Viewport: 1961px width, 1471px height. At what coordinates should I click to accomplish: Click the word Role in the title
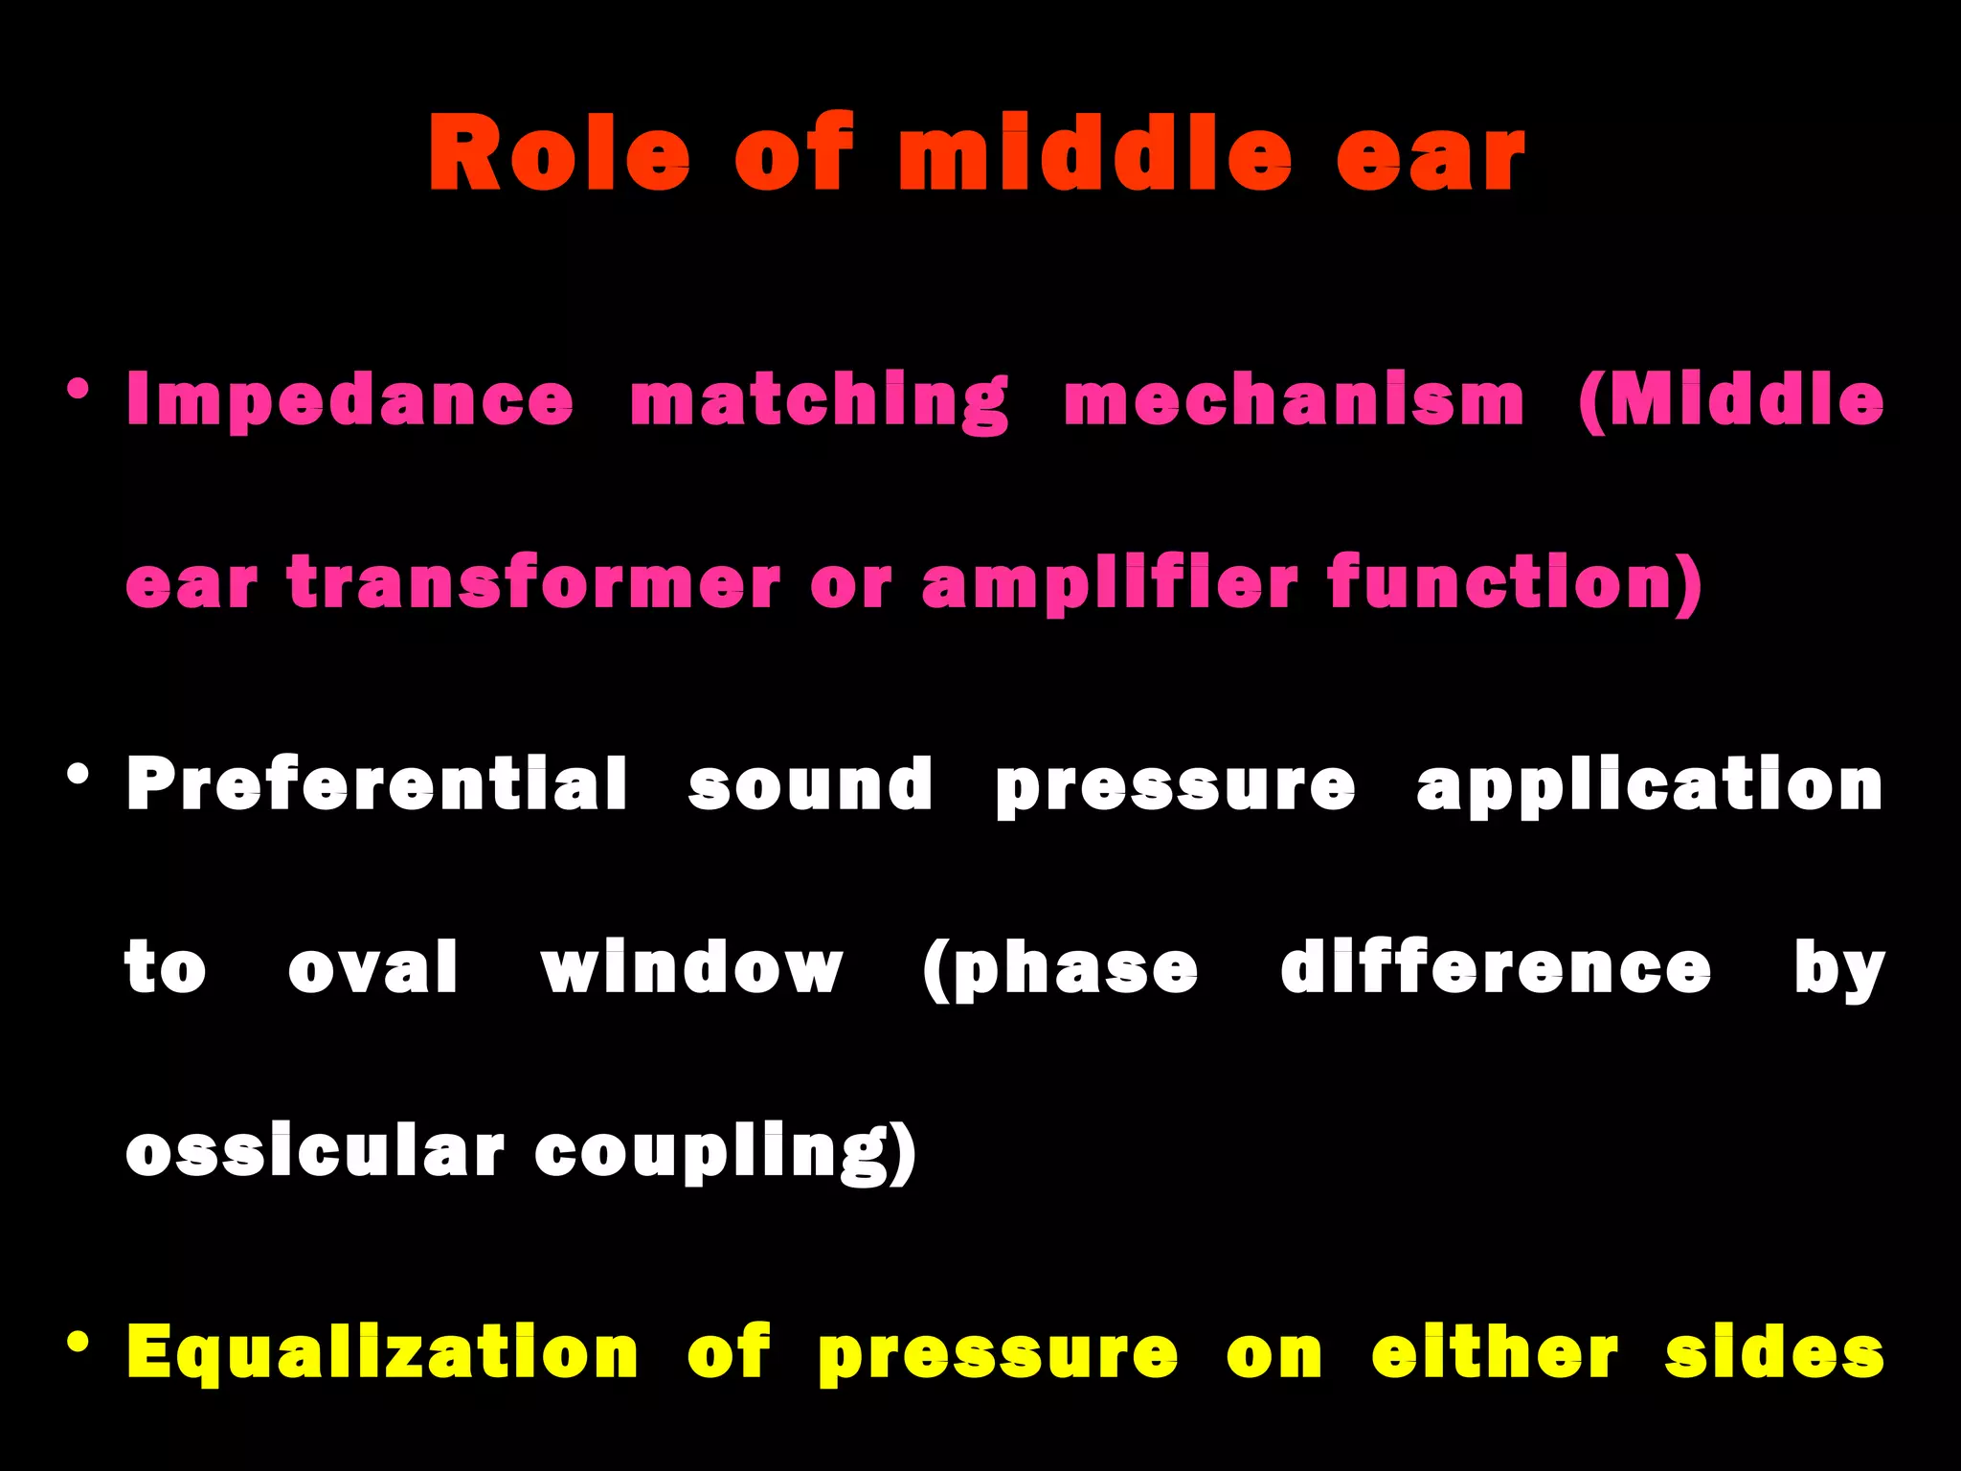(x=558, y=153)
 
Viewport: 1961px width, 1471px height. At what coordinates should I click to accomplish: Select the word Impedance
(x=349, y=400)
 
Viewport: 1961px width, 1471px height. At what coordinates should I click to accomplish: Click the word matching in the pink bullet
(x=820, y=400)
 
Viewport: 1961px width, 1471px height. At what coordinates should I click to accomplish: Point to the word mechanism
(x=1294, y=400)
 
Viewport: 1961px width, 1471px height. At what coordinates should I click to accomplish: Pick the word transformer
(x=533, y=583)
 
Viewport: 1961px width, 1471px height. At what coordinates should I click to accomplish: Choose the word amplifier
(x=1110, y=583)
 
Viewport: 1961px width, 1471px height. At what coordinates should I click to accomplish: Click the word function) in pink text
(x=1515, y=583)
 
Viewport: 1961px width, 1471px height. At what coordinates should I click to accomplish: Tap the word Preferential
(x=376, y=784)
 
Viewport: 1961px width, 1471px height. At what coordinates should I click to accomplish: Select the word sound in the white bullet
(x=810, y=784)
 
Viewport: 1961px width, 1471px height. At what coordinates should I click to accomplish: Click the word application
(x=1649, y=784)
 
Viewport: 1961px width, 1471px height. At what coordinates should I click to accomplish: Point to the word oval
(x=373, y=967)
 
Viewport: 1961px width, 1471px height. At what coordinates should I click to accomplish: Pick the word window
(x=691, y=967)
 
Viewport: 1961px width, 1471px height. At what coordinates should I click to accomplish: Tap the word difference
(x=1496, y=967)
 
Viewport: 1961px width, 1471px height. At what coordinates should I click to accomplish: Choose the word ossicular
(x=314, y=1151)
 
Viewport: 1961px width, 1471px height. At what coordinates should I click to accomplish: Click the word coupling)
(x=725, y=1151)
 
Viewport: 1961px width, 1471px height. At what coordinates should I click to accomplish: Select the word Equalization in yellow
(x=382, y=1352)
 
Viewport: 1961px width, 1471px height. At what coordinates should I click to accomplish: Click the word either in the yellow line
(x=1495, y=1352)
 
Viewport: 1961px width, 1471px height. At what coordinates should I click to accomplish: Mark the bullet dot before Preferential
(x=79, y=774)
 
